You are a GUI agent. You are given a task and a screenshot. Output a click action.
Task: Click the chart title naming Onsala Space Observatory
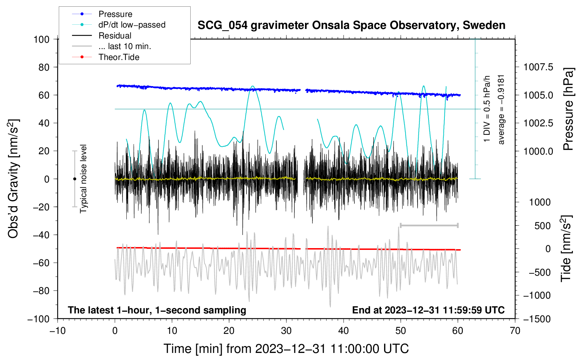point(351,25)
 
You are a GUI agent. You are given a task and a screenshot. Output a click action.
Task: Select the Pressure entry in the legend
point(115,14)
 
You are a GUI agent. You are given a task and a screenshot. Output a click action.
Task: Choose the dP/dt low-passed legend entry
point(132,25)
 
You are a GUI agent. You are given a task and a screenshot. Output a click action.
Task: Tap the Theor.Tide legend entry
point(119,57)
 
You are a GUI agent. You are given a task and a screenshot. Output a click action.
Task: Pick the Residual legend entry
point(115,36)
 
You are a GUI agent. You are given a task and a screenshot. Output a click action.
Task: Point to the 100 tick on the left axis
point(41,39)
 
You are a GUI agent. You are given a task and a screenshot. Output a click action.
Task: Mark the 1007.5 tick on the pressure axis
point(538,67)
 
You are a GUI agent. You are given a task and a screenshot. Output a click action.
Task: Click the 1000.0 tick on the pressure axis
point(538,151)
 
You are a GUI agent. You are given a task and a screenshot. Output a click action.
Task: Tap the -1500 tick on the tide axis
point(537,319)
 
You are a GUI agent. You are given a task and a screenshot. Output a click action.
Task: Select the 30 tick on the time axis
point(286,331)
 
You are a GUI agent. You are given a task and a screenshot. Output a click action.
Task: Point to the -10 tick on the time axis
point(58,331)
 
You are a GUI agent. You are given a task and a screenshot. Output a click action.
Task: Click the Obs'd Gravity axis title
point(13,179)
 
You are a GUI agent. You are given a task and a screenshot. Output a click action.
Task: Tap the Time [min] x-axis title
point(286,349)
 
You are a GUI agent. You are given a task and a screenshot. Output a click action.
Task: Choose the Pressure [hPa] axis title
point(568,109)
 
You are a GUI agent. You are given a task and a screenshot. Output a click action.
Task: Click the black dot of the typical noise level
point(74,179)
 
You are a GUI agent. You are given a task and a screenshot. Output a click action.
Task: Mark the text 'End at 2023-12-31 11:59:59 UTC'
point(428,310)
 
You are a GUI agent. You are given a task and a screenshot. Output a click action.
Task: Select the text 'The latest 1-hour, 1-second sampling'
point(157,310)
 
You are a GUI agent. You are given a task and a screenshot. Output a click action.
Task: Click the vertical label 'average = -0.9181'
point(501,109)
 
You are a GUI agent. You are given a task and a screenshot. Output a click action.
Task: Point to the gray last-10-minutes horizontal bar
point(429,225)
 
